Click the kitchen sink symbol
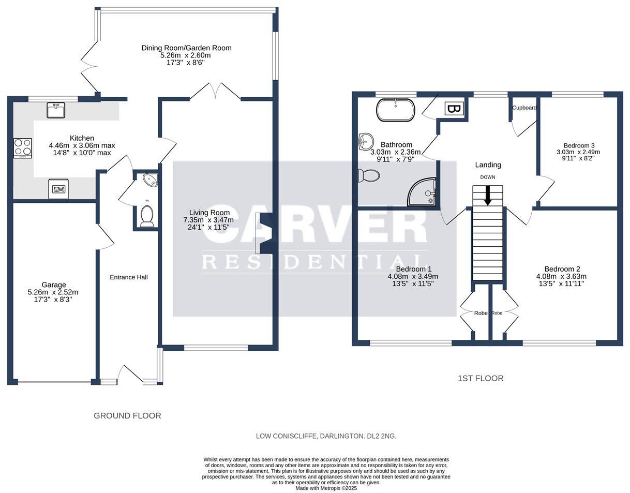click(56, 110)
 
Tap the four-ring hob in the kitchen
click(23, 148)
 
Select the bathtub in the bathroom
click(396, 110)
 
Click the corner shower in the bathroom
click(422, 192)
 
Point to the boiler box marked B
click(454, 109)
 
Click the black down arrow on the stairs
click(488, 196)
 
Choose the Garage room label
click(54, 285)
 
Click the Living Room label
click(209, 213)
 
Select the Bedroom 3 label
click(577, 145)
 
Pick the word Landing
click(488, 165)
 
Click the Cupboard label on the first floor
click(524, 108)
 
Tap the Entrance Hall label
click(129, 277)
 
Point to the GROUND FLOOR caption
click(127, 416)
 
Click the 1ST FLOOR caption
click(481, 379)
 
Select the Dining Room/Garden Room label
click(186, 48)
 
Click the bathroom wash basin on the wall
click(365, 142)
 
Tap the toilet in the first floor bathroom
click(368, 176)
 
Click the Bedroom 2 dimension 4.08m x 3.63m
click(561, 276)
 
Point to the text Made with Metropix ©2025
click(326, 488)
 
